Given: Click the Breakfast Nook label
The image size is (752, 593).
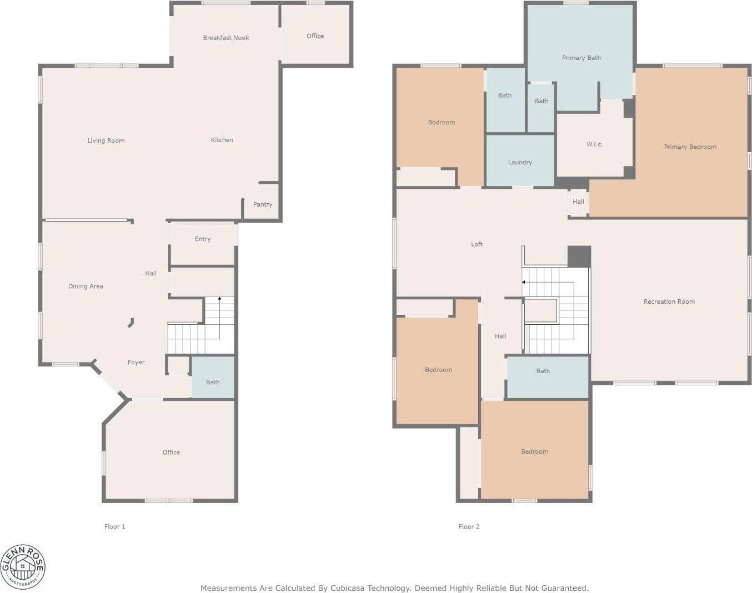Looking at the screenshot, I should click(x=225, y=38).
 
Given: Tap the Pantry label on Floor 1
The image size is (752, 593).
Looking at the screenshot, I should click(x=262, y=204).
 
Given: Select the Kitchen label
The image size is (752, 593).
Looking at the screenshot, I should click(x=222, y=140).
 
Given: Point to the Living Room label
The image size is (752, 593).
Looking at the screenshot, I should click(x=106, y=140).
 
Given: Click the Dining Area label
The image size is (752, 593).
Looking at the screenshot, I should click(x=86, y=286).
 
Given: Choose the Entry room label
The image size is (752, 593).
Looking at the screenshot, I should click(x=202, y=239).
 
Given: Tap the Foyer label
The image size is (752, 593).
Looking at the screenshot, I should click(x=136, y=362).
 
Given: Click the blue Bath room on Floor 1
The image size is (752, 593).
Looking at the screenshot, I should click(x=213, y=381).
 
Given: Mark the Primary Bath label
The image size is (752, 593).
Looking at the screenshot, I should click(x=581, y=58).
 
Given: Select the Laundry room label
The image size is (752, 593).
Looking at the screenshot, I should click(x=520, y=162).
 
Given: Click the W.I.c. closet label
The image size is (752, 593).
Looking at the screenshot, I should click(x=594, y=144).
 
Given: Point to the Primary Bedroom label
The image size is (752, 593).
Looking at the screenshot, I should click(x=690, y=147).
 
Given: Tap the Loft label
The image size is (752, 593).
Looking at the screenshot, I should click(x=477, y=244).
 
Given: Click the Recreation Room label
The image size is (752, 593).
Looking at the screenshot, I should click(x=669, y=301).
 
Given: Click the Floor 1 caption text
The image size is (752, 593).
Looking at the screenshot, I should click(x=114, y=526).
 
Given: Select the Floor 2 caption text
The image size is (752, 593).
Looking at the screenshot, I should click(x=469, y=526).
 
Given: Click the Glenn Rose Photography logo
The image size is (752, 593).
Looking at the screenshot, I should click(x=23, y=567).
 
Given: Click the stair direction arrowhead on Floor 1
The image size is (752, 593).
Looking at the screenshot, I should click(x=219, y=299).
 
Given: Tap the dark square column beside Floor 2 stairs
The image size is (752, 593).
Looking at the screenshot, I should click(x=579, y=257).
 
